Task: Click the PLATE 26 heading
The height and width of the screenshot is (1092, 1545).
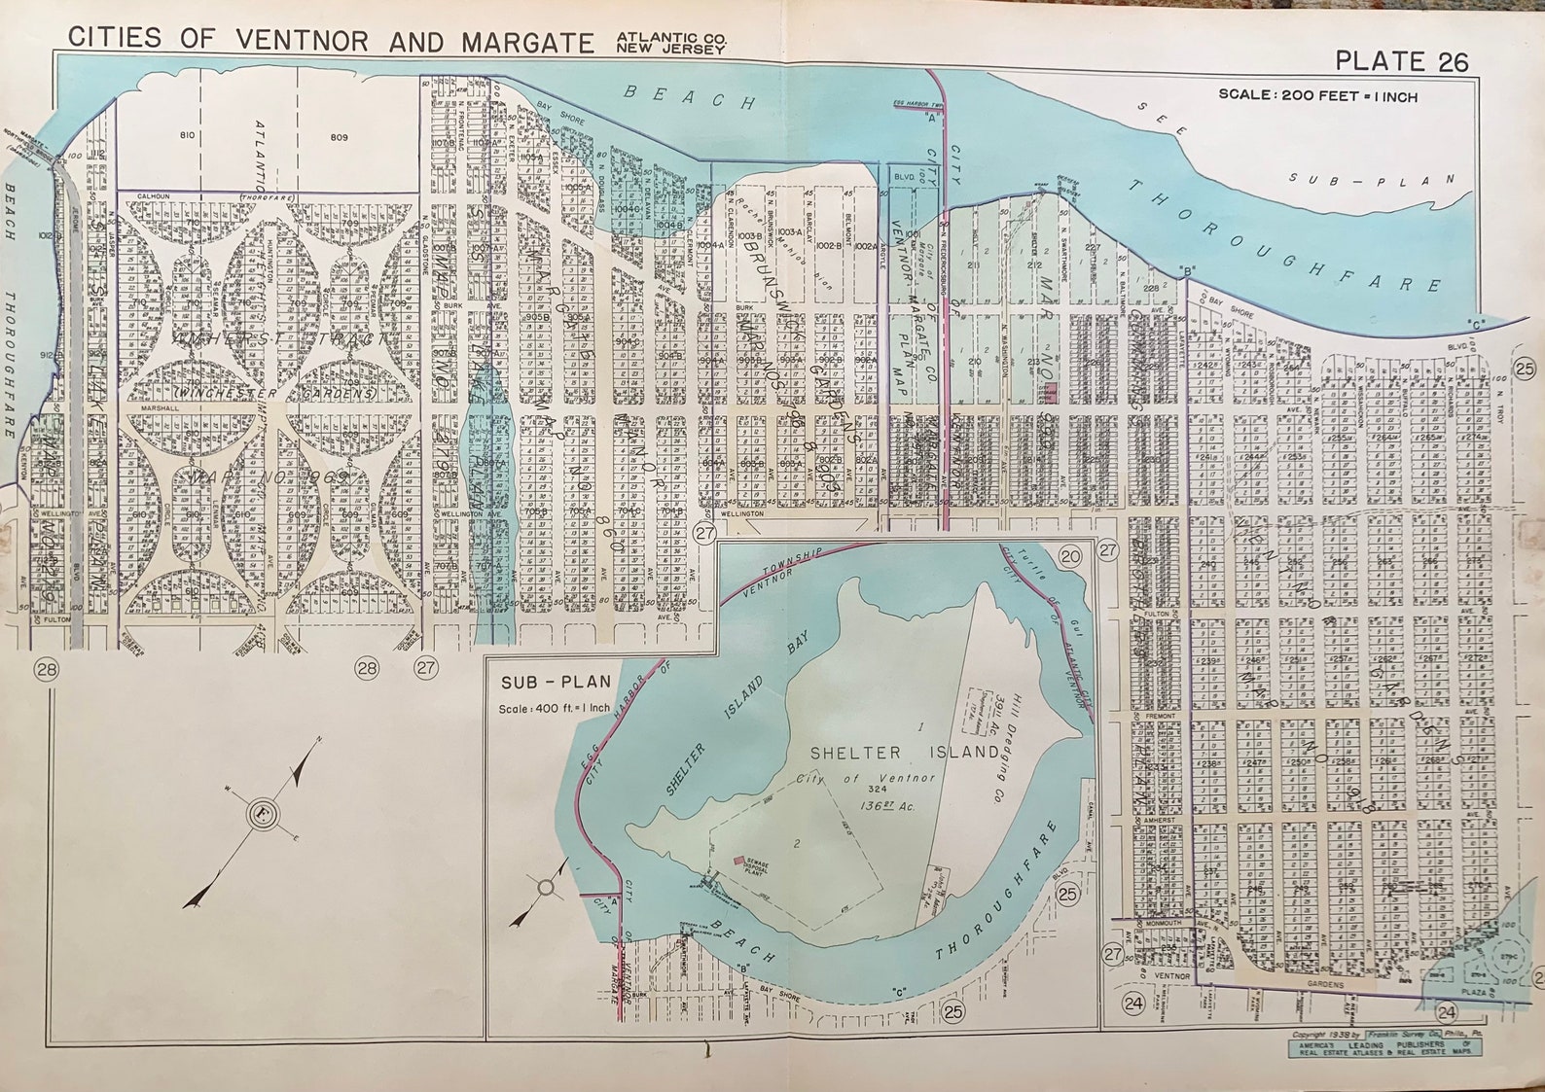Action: coord(1400,61)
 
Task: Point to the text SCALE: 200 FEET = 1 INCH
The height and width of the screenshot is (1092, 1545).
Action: coord(1317,96)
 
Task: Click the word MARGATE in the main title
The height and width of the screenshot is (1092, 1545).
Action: coord(526,42)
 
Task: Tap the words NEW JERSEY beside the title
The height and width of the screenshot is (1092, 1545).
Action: coord(670,49)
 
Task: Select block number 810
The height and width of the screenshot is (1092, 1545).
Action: coord(187,135)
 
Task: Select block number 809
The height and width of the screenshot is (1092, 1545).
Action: coord(338,137)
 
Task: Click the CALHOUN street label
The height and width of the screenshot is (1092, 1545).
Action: coord(154,196)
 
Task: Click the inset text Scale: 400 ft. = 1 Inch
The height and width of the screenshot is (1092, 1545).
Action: coord(554,708)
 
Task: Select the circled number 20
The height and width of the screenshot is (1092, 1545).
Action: coord(1069,556)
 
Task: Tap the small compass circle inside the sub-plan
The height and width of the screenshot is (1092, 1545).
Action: coord(546,887)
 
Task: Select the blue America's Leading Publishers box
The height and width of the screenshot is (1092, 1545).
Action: coord(1383,1047)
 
